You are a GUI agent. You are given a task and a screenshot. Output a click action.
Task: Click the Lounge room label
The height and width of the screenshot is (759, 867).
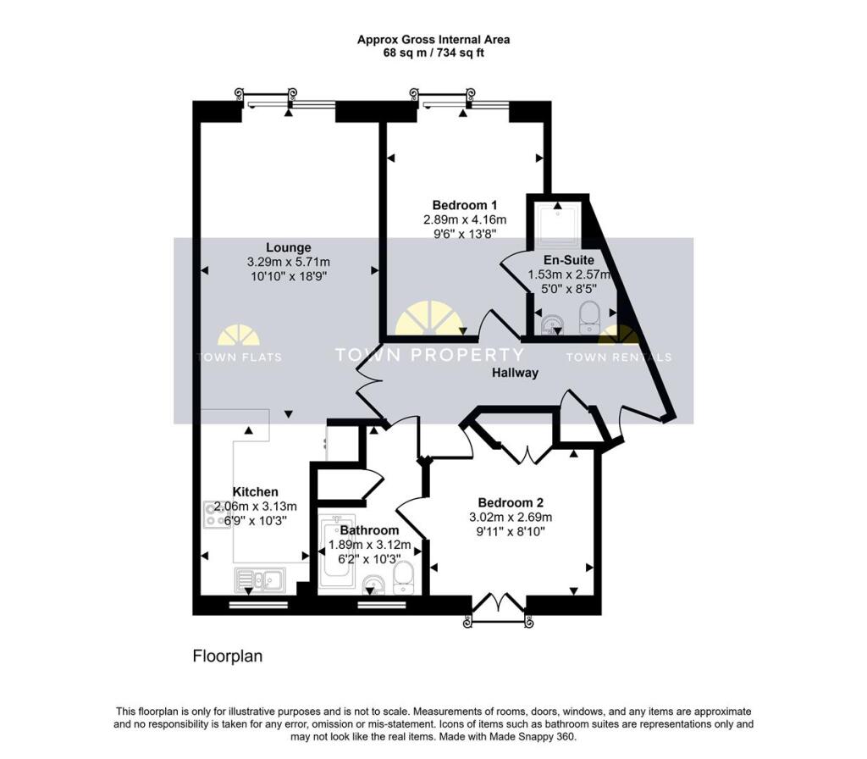click(288, 247)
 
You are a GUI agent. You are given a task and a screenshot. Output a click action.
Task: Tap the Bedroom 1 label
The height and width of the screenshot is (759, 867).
click(465, 205)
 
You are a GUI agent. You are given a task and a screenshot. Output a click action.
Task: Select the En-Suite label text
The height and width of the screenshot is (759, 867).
click(568, 260)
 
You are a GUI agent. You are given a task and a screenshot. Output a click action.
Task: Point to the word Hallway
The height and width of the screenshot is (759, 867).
click(515, 373)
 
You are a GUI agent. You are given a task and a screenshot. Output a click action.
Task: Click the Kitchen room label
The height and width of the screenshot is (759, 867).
click(255, 492)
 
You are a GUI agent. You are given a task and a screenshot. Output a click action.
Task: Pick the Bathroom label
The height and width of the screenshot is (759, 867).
click(369, 530)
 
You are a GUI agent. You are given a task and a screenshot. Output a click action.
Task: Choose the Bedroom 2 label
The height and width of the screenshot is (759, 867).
click(511, 503)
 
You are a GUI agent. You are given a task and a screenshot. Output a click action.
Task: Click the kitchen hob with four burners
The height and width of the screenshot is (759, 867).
click(217, 514)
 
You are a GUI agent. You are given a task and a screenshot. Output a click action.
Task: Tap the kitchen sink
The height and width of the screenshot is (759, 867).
click(260, 580)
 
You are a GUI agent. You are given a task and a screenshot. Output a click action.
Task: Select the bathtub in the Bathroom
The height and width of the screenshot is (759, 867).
click(335, 552)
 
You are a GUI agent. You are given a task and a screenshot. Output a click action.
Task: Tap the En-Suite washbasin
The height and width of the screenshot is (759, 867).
click(551, 325)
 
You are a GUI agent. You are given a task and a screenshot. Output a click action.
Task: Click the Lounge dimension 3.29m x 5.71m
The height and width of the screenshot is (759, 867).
click(288, 262)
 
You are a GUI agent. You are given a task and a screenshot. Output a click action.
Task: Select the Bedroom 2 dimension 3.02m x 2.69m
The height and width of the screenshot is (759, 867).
click(511, 518)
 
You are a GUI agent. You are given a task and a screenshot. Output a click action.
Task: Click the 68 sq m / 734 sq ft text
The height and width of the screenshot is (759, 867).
click(433, 53)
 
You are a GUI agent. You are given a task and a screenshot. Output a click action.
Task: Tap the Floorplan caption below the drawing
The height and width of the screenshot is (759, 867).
click(227, 657)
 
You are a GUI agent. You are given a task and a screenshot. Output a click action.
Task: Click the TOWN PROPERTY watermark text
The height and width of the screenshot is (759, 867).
click(429, 355)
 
